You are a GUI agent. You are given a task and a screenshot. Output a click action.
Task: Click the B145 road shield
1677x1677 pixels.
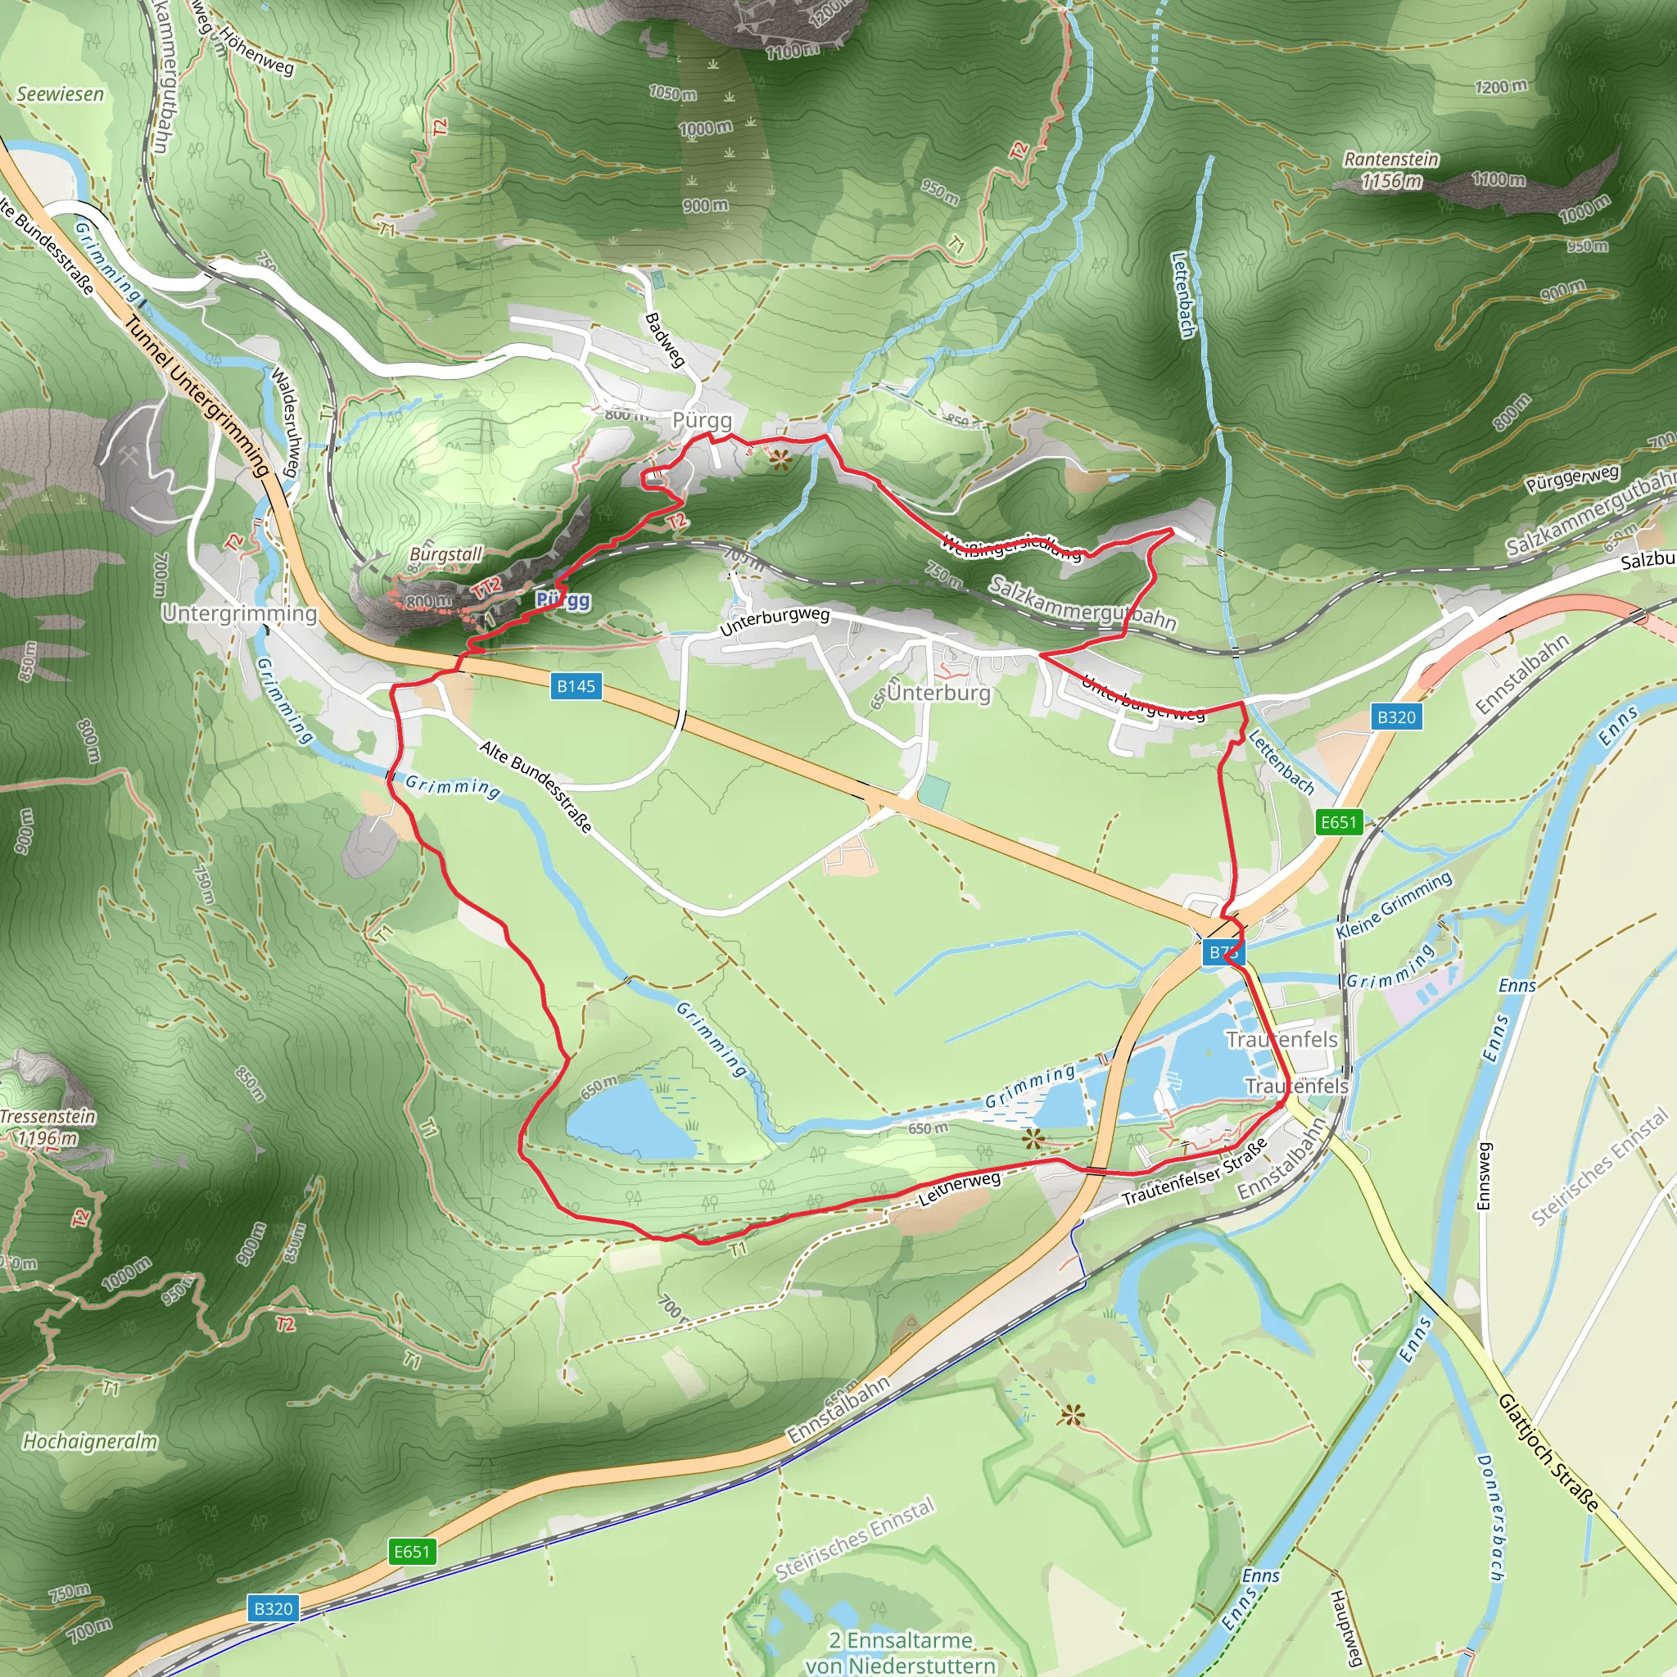pos(576,686)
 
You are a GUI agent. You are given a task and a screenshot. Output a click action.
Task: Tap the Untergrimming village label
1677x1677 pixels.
pos(240,613)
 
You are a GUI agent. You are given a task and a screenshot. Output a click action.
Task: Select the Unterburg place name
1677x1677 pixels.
pos(938,694)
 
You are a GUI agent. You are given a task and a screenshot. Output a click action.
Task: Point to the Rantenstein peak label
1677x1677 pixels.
pos(1390,160)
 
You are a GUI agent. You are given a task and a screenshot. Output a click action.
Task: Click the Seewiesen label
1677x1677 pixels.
pos(60,93)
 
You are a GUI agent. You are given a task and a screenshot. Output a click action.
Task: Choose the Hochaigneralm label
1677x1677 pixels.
pos(90,1442)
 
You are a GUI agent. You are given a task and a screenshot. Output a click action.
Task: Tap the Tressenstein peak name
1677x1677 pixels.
pos(47,1116)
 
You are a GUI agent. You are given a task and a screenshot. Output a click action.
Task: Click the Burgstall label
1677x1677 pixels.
pos(445,554)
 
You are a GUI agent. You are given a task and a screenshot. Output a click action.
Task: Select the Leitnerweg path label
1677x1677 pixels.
pos(959,1187)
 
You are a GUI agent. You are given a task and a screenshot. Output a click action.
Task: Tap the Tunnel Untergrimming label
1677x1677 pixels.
pos(197,396)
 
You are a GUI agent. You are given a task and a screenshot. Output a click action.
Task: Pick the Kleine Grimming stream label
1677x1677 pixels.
pos(1393,906)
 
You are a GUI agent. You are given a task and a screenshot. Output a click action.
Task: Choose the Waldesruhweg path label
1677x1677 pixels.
pos(286,422)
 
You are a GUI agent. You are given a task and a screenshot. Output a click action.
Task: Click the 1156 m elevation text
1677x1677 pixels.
pos(1390,182)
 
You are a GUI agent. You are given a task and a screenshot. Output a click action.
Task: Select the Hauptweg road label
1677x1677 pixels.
pos(1345,1629)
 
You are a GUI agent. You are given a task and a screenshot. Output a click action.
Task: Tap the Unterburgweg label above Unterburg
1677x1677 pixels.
pos(775,621)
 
